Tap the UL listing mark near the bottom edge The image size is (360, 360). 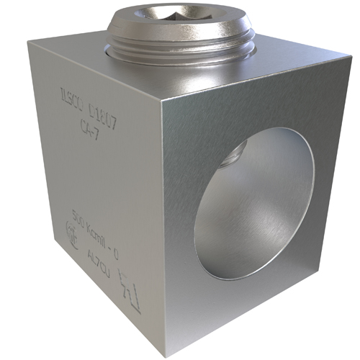(x=125, y=280)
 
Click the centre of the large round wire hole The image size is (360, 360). (x=252, y=203)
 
